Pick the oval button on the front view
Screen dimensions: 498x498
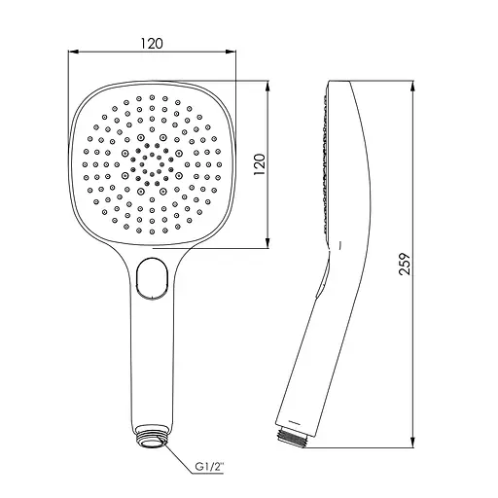(152, 277)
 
